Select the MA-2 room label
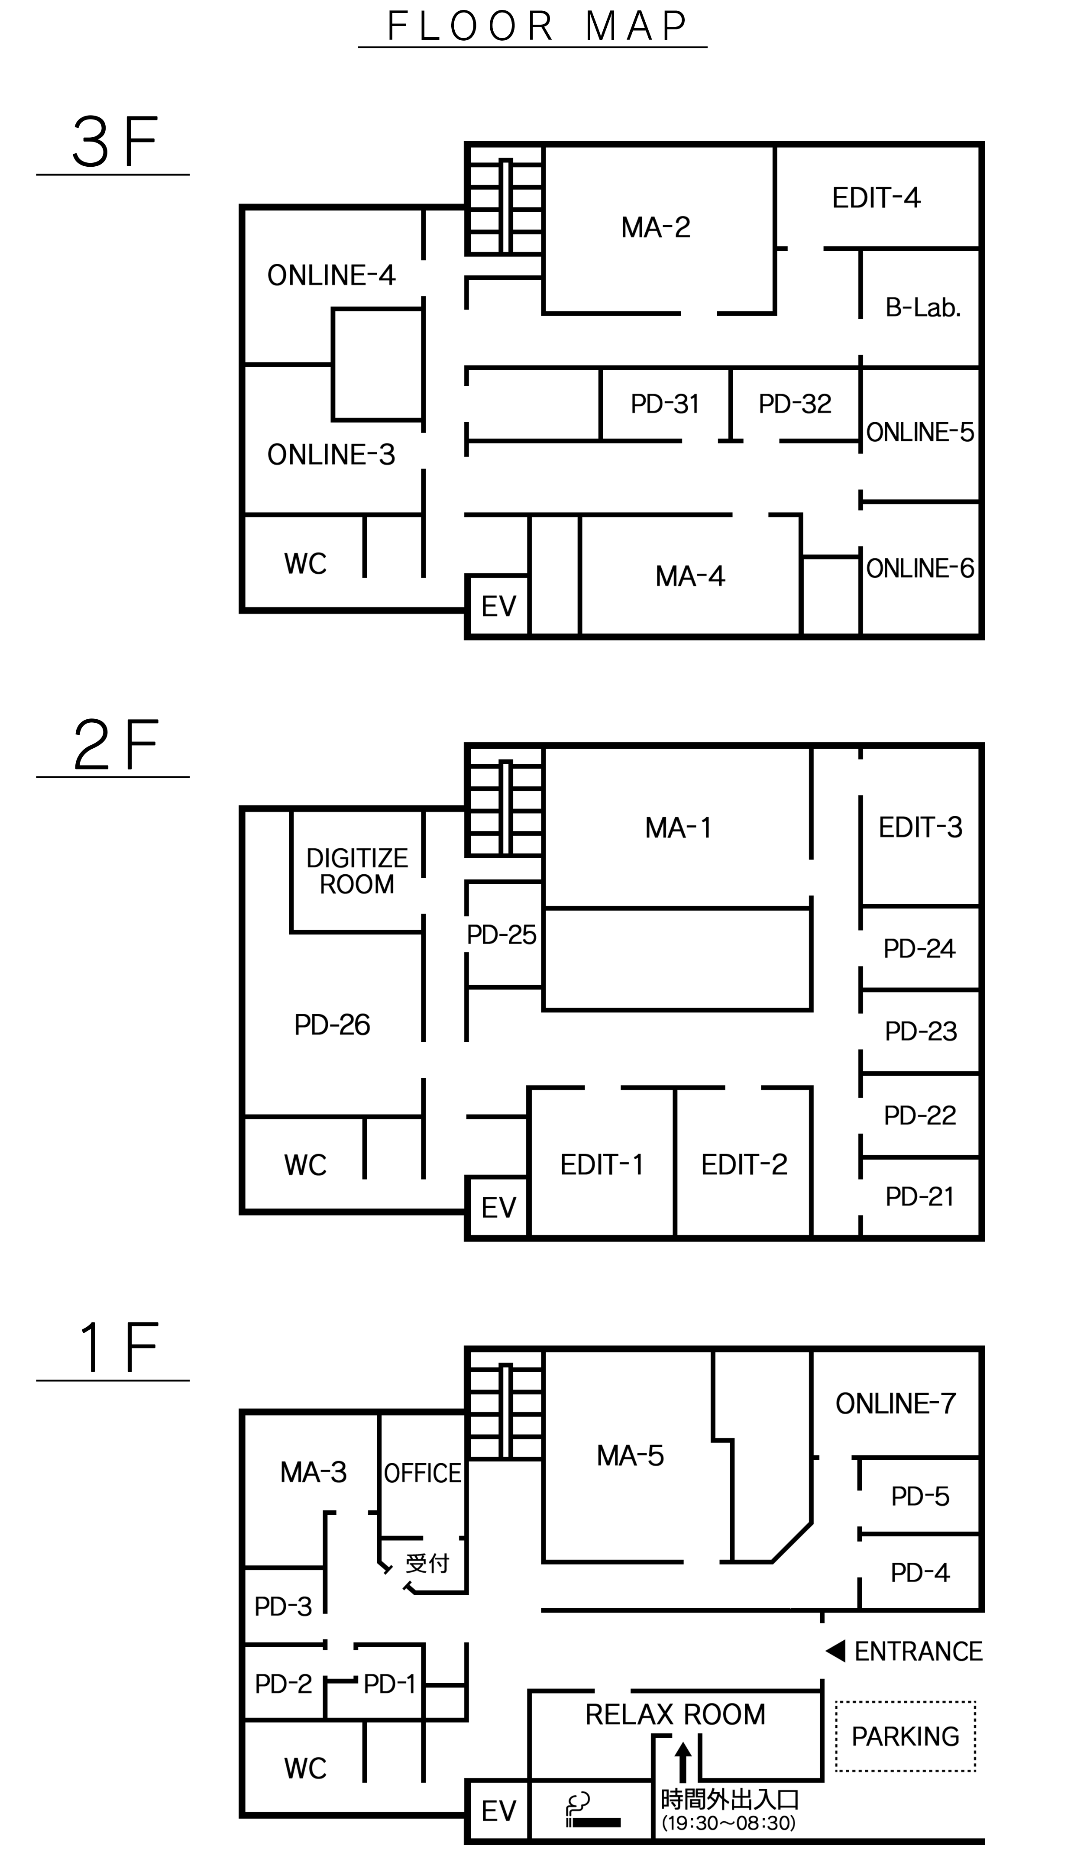tap(656, 227)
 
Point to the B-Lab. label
tap(923, 307)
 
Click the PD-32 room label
tap(794, 404)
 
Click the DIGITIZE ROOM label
tap(357, 871)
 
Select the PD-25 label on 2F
tap(501, 935)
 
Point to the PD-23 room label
tap(921, 1031)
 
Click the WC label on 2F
tap(305, 1166)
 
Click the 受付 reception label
tap(427, 1563)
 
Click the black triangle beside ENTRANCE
tap(836, 1651)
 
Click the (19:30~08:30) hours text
tap(728, 1823)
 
